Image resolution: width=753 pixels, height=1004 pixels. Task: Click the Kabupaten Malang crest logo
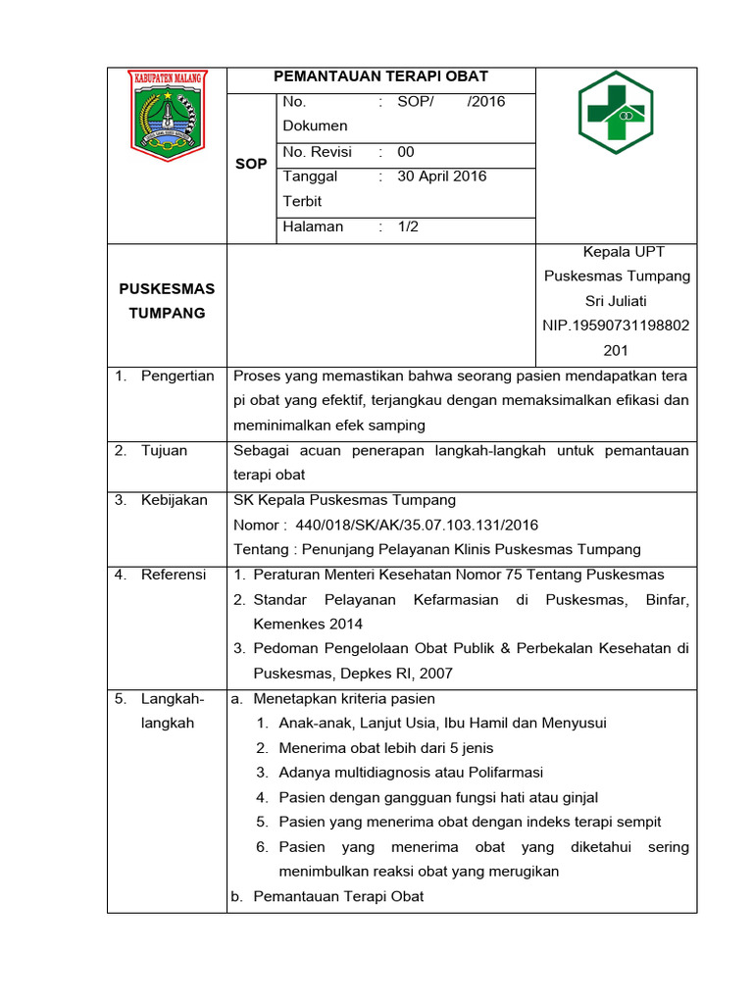tap(167, 115)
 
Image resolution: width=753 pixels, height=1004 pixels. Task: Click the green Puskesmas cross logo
tap(616, 113)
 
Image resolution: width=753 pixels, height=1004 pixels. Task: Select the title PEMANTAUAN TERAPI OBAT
tap(380, 76)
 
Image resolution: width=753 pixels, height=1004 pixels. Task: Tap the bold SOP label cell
tap(251, 164)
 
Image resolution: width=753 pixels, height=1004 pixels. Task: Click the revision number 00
tap(406, 152)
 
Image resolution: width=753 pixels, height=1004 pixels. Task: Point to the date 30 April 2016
tap(441, 176)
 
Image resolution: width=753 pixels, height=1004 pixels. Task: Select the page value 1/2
tap(407, 226)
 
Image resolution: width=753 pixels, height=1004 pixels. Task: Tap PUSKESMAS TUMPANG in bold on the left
tap(167, 301)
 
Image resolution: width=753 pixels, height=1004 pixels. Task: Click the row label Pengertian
tap(176, 376)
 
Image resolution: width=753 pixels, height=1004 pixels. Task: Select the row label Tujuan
tap(164, 451)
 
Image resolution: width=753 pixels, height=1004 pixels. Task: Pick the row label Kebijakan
tap(174, 500)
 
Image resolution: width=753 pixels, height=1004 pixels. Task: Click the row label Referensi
tap(174, 575)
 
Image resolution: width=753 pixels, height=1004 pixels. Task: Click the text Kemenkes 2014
tap(307, 624)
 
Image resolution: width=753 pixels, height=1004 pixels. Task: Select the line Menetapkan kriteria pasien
tap(343, 699)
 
